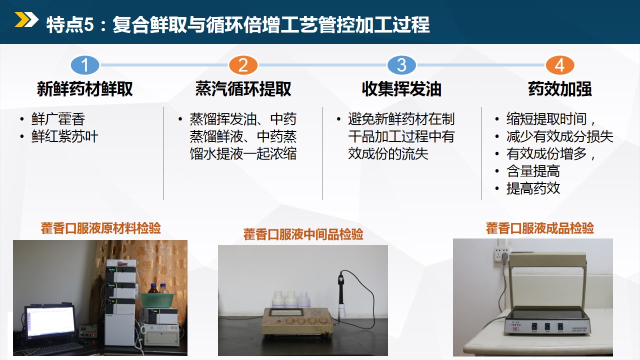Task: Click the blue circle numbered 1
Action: point(85,65)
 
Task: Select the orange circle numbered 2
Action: point(243,65)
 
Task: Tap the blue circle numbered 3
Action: point(401,65)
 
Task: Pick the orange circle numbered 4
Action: point(559,65)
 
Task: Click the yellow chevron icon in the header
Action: point(26,19)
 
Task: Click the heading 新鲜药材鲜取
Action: point(85,89)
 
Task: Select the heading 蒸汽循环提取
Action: point(243,89)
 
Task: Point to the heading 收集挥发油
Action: point(401,89)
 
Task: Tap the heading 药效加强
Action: point(559,89)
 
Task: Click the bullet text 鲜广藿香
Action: point(58,119)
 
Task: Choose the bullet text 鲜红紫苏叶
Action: point(65,136)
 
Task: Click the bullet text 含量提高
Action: point(533,171)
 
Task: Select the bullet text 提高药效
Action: point(533,188)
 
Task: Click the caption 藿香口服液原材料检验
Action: point(100,228)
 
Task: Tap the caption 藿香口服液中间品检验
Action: point(303,234)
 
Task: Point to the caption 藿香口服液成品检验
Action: point(540,228)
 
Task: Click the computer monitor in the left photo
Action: point(50,322)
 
